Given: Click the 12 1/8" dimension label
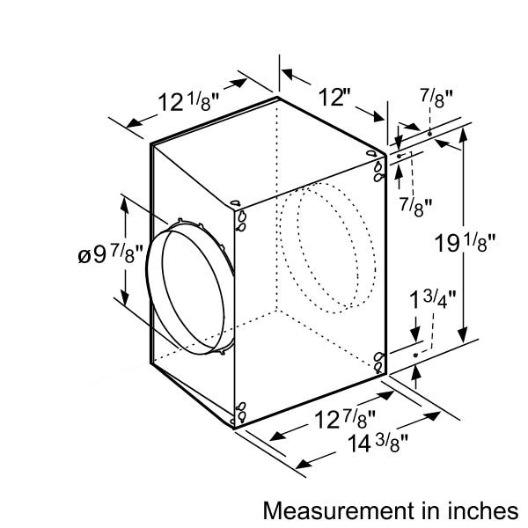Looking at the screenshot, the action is click(x=188, y=102).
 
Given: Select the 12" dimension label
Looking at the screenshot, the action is click(x=334, y=97).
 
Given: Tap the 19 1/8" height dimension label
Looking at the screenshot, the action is click(x=465, y=243).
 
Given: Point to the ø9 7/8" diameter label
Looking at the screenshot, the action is click(x=111, y=255).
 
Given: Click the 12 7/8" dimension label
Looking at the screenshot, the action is click(x=344, y=420).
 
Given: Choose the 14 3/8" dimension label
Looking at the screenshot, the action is click(x=378, y=444).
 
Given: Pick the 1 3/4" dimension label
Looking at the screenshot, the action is click(x=432, y=300).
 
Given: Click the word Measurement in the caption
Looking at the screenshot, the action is click(x=339, y=510).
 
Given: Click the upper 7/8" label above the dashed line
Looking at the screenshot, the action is click(x=436, y=99).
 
